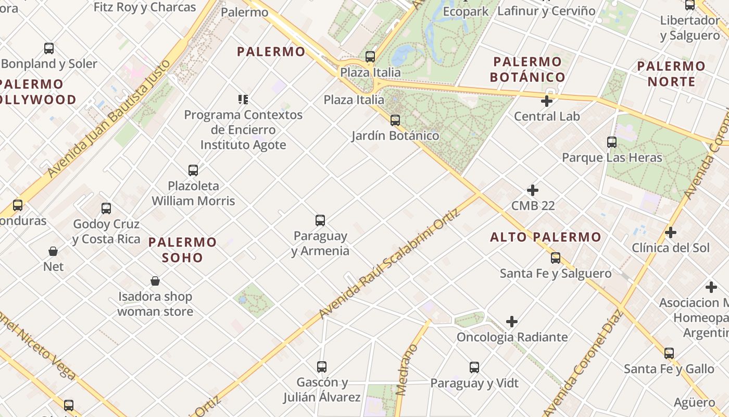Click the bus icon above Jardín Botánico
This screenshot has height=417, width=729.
395,120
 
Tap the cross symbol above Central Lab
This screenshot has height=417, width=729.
547,101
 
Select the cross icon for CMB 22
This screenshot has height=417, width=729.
533,190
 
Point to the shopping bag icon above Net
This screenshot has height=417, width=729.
53,251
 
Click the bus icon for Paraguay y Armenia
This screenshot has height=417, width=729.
320,220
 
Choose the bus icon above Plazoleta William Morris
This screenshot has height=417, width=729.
193,170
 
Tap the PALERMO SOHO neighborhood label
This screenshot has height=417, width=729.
182,250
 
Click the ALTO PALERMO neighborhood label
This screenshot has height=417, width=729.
546,237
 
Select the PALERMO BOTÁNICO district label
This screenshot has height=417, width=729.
527,69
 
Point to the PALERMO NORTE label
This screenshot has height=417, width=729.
671,74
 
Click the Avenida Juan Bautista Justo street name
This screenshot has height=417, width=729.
109,118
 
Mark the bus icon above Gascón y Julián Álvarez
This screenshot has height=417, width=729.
322,367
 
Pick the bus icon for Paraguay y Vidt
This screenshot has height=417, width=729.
474,367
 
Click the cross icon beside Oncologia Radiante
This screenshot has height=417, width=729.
512,322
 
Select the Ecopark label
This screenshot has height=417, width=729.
466,11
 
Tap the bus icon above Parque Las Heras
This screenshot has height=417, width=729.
612,142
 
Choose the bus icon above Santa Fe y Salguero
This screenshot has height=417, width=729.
556,258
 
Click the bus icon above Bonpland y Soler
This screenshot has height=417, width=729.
49,48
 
